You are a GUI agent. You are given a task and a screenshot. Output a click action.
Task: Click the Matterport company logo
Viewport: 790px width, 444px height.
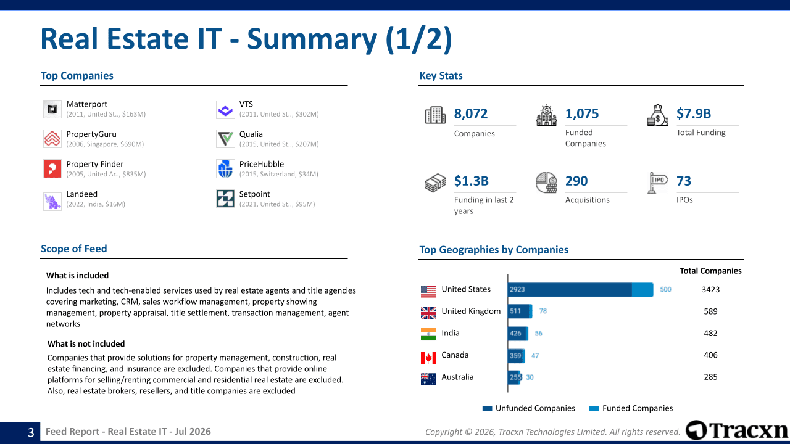pos(52,109)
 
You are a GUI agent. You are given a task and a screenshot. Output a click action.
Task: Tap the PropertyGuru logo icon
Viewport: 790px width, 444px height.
pos(52,139)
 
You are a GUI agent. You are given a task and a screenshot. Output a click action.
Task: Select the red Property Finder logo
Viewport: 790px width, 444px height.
pos(52,169)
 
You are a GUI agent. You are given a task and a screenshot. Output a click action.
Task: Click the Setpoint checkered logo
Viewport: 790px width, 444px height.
pos(225,199)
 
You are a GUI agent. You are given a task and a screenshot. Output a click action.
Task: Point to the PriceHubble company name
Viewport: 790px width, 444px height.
pos(261,164)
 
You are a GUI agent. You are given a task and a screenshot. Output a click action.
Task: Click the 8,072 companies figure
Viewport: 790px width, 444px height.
pos(470,113)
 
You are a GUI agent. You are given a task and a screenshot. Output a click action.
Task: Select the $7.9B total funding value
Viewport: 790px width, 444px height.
pos(693,113)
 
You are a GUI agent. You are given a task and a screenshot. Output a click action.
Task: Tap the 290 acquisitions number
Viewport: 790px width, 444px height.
pos(576,181)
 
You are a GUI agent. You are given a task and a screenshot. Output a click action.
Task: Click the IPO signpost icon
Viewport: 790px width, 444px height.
pos(657,183)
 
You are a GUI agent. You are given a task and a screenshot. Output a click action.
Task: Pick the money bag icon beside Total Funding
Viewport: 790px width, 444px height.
pos(657,115)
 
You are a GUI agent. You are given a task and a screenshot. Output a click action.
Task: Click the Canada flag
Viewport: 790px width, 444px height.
pos(428,358)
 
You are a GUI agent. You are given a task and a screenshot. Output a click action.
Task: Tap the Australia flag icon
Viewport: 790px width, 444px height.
pos(428,379)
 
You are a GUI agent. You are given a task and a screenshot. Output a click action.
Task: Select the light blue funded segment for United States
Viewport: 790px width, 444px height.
pos(642,289)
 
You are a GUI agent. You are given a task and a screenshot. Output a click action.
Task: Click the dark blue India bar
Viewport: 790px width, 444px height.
pos(517,334)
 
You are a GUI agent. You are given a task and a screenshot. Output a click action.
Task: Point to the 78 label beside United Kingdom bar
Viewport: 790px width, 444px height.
pos(543,311)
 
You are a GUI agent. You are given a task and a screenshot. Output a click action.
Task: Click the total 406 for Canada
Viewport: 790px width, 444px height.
pos(710,355)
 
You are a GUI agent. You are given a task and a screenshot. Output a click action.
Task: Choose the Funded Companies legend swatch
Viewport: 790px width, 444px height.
pos(594,408)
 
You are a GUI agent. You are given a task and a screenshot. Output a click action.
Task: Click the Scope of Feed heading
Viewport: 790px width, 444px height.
pos(73,249)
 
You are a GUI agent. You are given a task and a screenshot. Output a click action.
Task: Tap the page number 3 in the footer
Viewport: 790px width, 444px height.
pos(31,432)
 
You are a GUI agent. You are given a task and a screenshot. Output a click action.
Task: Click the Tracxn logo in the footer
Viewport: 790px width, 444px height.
pos(736,430)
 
